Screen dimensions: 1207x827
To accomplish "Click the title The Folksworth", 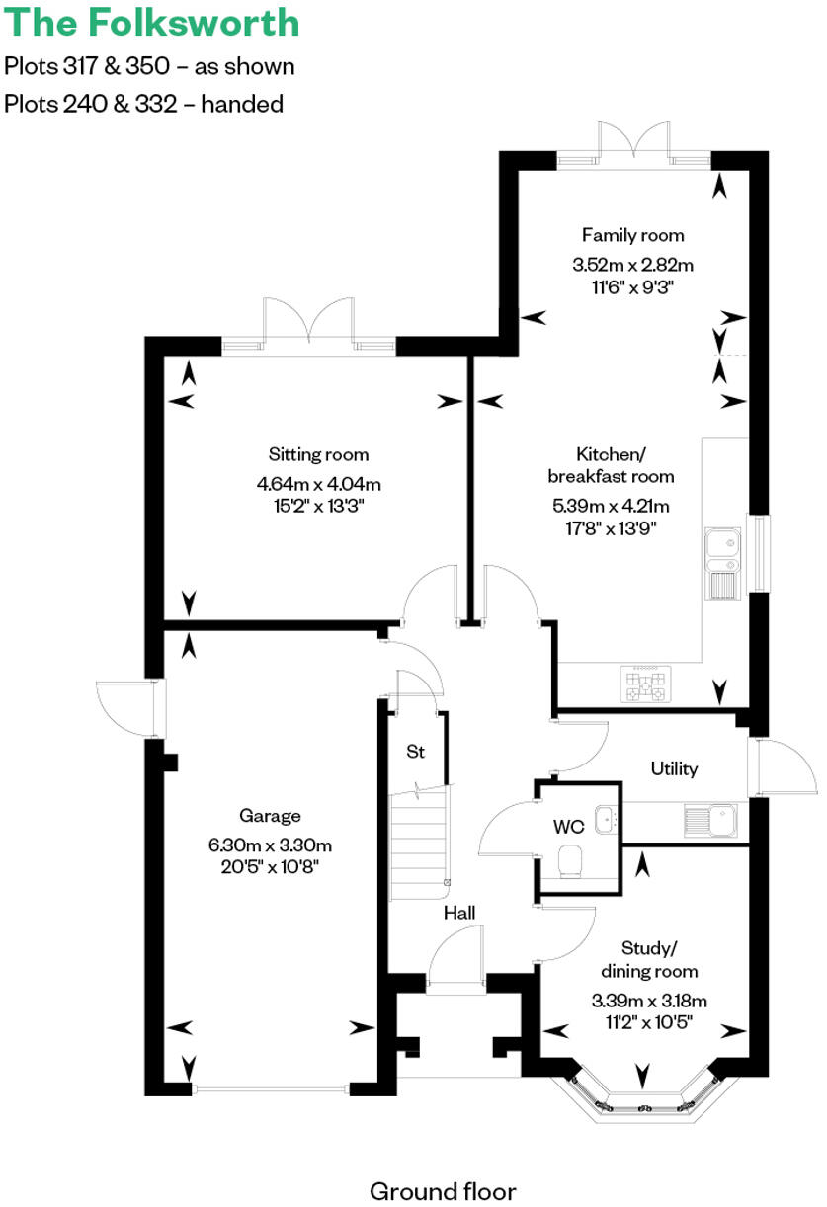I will click(x=151, y=22).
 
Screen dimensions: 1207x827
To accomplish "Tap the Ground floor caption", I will click(x=442, y=1163).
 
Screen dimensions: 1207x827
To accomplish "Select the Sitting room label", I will click(x=318, y=454).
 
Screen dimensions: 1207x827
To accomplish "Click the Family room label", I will click(x=632, y=235).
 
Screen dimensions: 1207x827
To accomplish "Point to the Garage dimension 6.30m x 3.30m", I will click(x=270, y=845).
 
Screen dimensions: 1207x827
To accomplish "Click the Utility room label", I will click(x=674, y=768).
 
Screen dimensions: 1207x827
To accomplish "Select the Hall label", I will click(x=459, y=913).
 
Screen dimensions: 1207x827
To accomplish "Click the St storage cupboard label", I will click(x=415, y=752).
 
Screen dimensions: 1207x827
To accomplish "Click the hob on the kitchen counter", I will click(x=645, y=684).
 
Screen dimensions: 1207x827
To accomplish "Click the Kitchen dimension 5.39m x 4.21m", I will click(x=610, y=507).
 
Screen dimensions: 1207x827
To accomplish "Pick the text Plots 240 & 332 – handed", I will click(x=143, y=103).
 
